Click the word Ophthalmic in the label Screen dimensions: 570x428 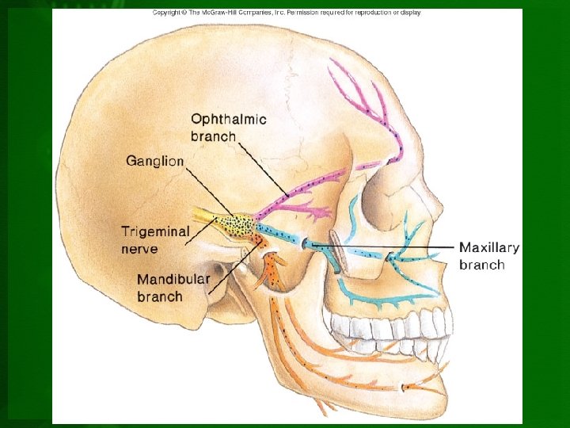[229, 120]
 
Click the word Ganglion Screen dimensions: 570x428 [154, 161]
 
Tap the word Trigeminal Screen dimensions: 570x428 [155, 231]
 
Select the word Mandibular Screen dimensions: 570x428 [173, 280]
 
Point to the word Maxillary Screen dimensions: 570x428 [489, 247]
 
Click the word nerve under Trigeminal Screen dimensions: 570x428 [139, 249]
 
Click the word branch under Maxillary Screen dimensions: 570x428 [481, 265]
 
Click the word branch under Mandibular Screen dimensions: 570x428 [160, 297]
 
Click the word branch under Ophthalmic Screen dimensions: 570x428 [213, 136]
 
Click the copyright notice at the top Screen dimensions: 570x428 [287, 13]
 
